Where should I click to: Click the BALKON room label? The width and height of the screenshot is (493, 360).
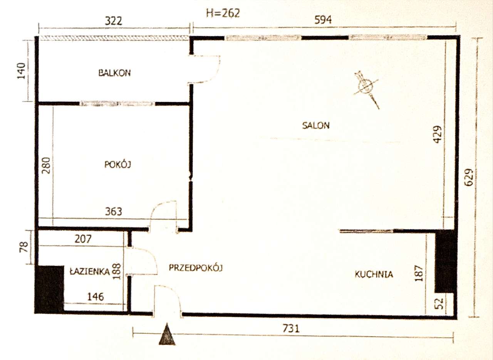[x=114, y=72]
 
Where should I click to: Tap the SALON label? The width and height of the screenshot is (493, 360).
[x=316, y=125]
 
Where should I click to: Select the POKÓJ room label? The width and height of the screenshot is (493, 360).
[x=118, y=165]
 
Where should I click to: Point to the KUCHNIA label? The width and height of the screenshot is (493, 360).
[x=374, y=274]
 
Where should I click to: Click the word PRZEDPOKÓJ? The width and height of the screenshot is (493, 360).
[x=196, y=267]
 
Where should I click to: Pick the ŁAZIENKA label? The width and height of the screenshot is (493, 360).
[x=90, y=271]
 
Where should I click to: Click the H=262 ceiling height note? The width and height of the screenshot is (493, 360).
[x=223, y=13]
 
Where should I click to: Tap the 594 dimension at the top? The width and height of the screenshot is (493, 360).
[x=323, y=20]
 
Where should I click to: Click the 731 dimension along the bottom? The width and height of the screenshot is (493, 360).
[x=291, y=328]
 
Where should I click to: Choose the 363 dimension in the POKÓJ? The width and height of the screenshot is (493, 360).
[x=113, y=212]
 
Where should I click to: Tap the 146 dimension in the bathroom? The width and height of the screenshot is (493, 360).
[x=95, y=297]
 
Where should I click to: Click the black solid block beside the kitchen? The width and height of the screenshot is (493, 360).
[x=446, y=261]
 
